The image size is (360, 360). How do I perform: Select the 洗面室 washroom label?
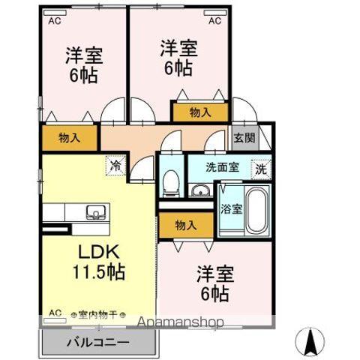tap(223, 167)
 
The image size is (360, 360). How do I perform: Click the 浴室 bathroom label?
tap(229, 209)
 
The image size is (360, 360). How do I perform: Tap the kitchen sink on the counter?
tap(96, 211)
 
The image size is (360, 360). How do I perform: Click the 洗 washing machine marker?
tap(260, 169)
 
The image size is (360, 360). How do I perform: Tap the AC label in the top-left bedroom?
tap(55, 21)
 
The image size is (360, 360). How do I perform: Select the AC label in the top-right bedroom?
tap(214, 21)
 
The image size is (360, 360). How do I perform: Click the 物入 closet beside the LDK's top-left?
tap(69, 137)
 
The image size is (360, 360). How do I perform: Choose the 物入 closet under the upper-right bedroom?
tap(199, 112)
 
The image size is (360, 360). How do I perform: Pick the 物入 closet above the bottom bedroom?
tap(186, 225)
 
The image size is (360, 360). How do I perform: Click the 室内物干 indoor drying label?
tap(97, 315)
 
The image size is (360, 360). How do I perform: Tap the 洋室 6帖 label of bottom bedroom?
tap(215, 281)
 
